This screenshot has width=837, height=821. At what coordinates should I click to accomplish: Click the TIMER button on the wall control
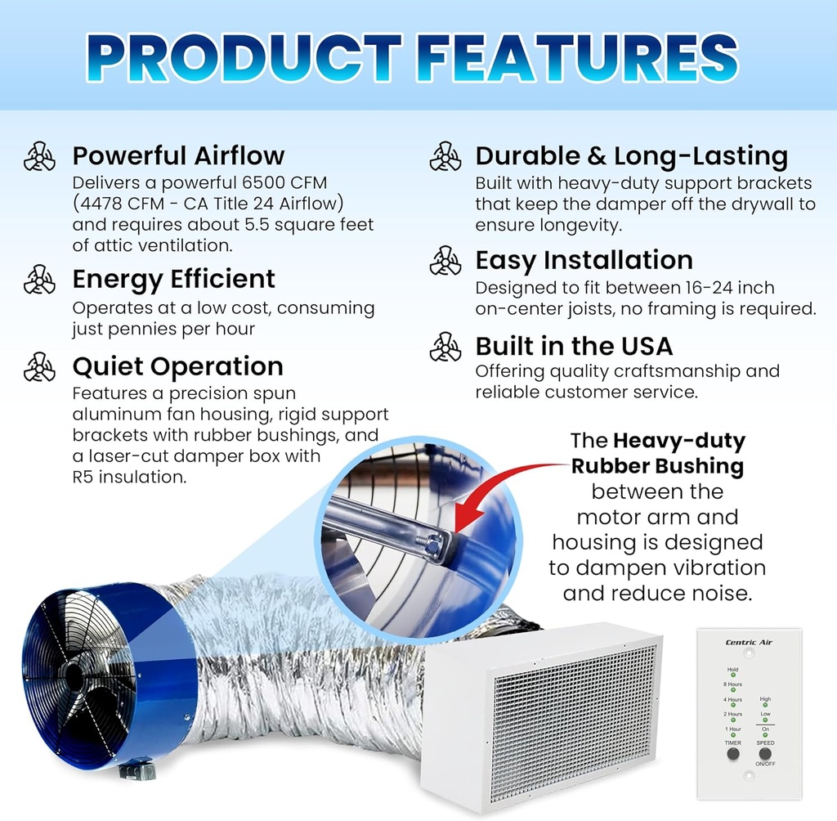(x=733, y=753)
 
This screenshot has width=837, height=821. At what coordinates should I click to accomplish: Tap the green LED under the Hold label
(x=733, y=675)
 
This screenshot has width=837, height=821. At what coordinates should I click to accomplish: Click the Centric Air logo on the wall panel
(x=749, y=642)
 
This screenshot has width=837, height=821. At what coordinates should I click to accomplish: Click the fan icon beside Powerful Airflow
(x=39, y=155)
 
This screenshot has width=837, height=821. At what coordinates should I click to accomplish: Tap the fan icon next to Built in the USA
(x=445, y=346)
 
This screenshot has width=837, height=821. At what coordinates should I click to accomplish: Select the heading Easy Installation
(x=584, y=260)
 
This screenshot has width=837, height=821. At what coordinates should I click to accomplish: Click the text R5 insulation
(x=129, y=476)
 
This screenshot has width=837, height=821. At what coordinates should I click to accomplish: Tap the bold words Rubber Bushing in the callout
(x=657, y=466)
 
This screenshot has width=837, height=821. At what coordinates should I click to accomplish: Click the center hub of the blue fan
(x=74, y=675)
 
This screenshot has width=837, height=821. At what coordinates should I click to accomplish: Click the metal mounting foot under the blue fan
(x=133, y=770)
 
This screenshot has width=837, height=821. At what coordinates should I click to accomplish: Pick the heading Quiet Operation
(x=177, y=366)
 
